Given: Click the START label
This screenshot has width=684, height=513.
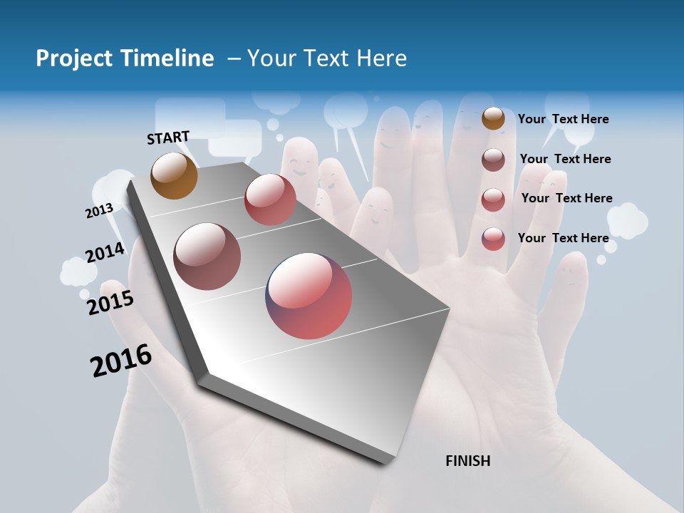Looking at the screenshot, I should click(168, 138).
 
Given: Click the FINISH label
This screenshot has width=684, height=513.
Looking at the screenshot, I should click(467, 461).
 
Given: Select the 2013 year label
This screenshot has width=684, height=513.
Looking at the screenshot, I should click(99, 210).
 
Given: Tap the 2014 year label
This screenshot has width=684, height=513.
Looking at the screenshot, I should click(105, 252).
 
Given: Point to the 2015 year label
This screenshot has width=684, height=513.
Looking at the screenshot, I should click(110, 302).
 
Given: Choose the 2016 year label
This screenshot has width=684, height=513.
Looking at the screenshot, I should click(121, 361).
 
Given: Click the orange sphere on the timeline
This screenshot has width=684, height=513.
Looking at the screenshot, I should click(174, 175).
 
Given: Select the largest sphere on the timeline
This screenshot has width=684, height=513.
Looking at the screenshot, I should click(309, 295).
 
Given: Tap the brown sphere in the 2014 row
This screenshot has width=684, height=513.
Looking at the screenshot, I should click(207, 256).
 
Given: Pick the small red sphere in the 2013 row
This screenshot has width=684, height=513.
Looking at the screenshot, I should click(270, 199).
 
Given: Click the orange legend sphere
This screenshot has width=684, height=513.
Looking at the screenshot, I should click(493, 118).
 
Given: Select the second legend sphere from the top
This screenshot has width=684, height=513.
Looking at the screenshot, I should click(493, 160).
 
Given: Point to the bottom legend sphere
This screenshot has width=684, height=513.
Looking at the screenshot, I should click(493, 239).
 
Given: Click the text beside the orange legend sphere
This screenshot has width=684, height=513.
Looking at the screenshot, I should click(563, 119).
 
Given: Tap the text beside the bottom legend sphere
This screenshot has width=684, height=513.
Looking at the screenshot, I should click(563, 238).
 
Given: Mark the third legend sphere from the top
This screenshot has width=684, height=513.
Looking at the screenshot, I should click(493, 199).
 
